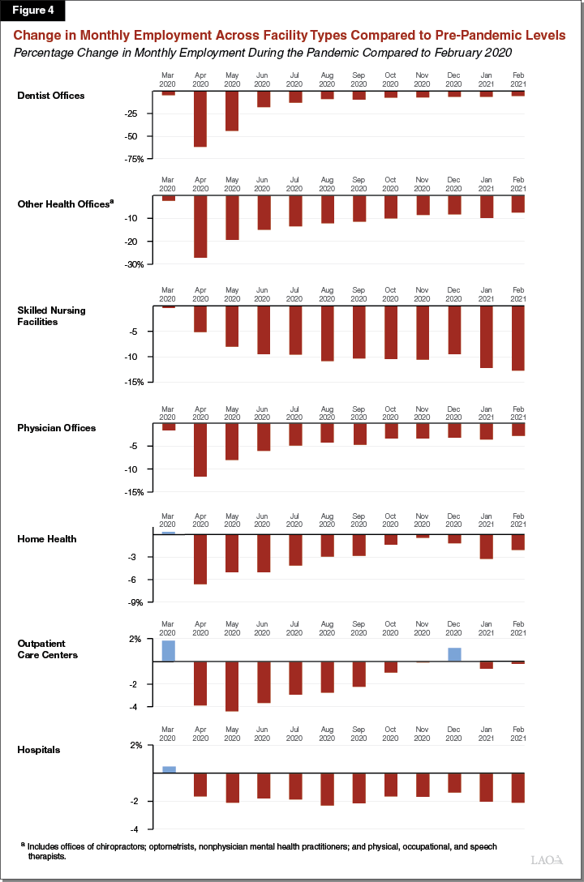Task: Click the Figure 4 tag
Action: pos(32,11)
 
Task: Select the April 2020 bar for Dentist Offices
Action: pos(200,119)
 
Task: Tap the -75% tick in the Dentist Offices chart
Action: pos(134,159)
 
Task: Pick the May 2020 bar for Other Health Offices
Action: pos(231,217)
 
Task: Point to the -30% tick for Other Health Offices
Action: pos(134,264)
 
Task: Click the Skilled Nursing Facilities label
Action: pos(51,315)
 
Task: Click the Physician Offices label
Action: pos(57,428)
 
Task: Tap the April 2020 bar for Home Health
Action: pos(200,559)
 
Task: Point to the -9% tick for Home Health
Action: pos(135,602)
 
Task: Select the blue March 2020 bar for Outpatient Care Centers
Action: pos(168,651)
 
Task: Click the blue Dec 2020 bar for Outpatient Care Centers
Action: pos(454,655)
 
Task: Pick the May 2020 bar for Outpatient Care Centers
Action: pos(231,687)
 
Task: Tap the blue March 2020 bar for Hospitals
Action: pos(168,769)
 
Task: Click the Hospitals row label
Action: pos(39,750)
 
